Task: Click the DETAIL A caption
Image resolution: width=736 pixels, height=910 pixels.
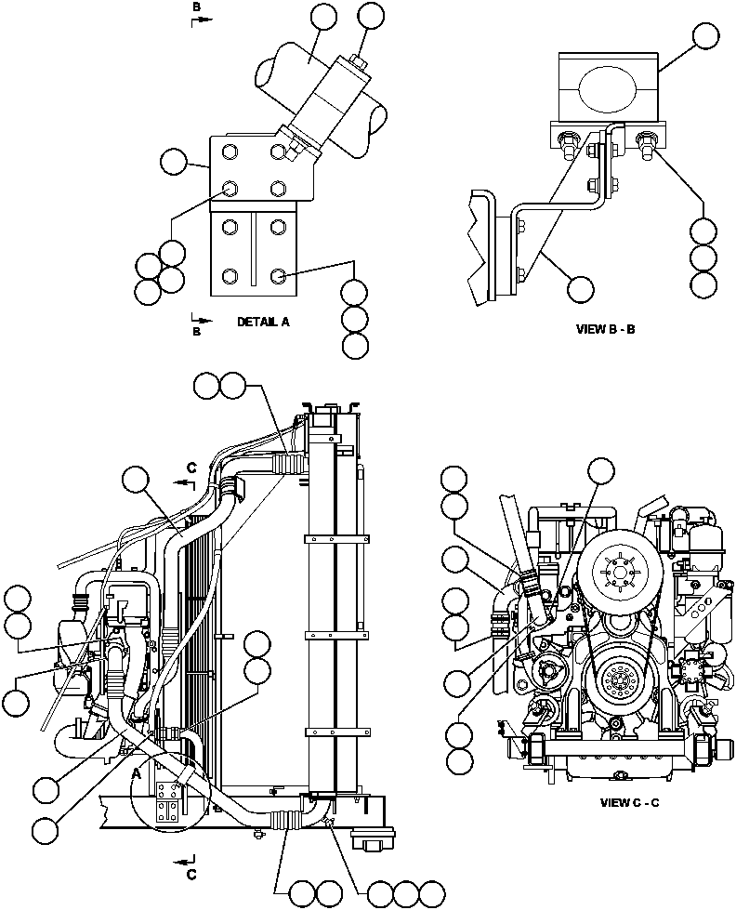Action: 263,322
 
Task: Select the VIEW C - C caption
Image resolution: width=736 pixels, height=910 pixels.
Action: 629,802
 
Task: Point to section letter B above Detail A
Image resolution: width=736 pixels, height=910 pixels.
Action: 196,7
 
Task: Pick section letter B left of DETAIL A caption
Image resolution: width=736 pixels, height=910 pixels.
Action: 196,330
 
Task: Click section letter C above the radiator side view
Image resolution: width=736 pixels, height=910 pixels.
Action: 191,468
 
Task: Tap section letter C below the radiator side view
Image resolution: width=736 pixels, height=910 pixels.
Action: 191,875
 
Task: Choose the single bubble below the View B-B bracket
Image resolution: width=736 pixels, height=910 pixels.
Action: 581,288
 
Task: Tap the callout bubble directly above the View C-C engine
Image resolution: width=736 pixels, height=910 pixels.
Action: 601,469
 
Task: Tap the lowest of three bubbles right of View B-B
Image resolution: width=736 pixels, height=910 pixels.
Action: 703,284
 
